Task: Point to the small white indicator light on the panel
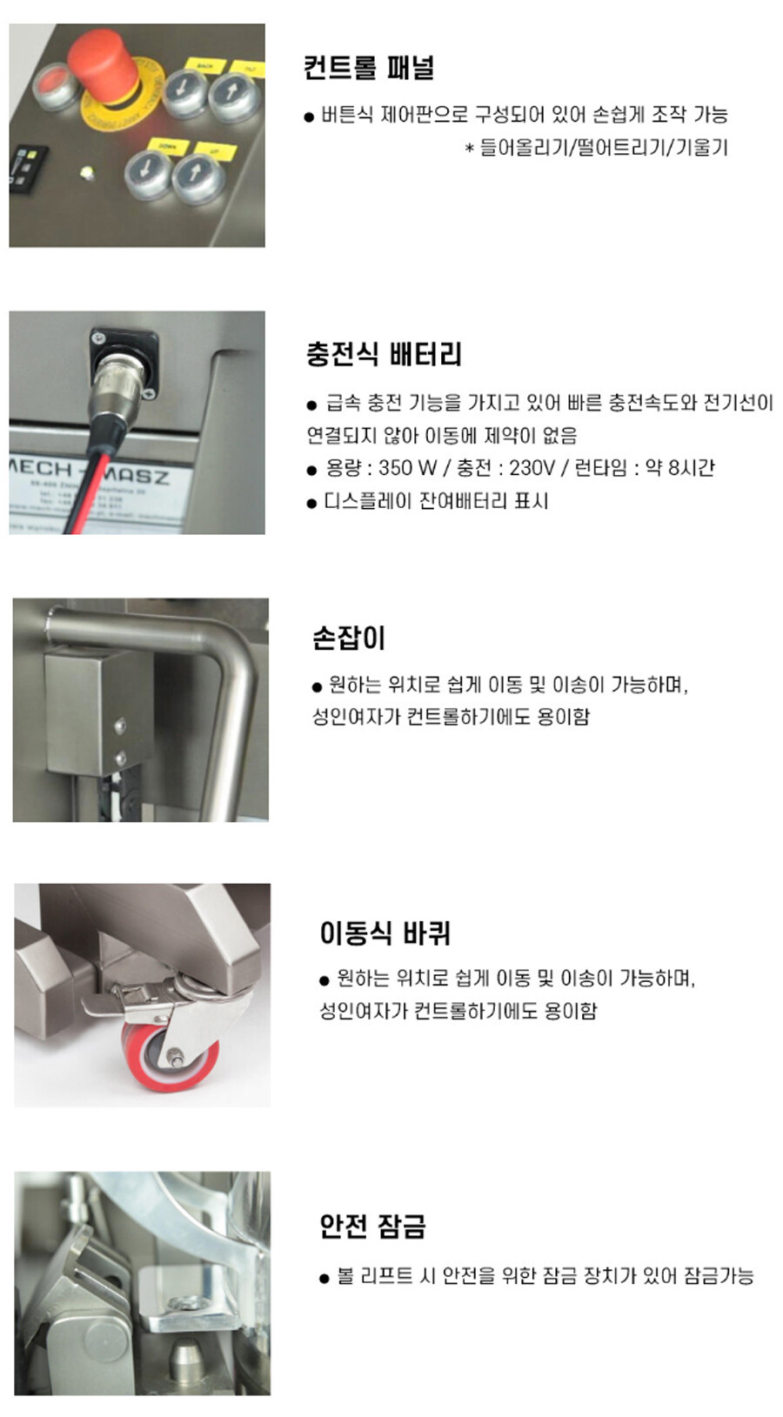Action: pos(87,173)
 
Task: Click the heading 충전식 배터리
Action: pos(384,354)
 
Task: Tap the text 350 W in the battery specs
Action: pos(408,468)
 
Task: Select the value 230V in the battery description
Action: pos(532,468)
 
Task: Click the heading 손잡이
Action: pos(349,638)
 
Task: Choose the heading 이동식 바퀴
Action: pos(385,933)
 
